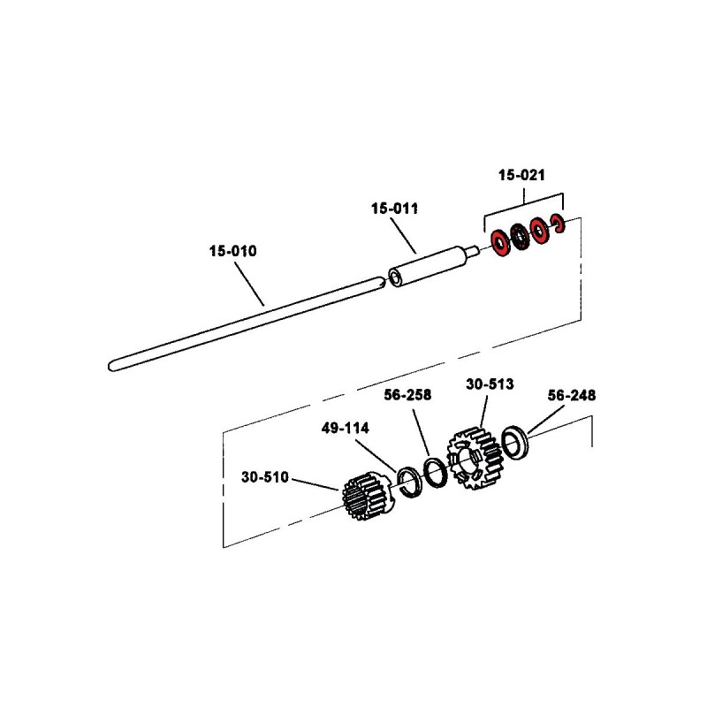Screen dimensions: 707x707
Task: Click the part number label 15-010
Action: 232,251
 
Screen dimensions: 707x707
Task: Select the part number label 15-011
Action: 394,209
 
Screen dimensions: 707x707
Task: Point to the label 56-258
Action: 407,396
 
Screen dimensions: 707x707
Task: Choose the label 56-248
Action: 572,396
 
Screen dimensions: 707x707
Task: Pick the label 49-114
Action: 346,428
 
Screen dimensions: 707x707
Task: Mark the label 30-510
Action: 264,478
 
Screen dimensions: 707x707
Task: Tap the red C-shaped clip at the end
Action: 558,226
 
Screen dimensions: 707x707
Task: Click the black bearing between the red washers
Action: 520,238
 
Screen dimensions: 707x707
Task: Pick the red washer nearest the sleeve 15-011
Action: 500,245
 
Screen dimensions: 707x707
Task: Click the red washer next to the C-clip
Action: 538,232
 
